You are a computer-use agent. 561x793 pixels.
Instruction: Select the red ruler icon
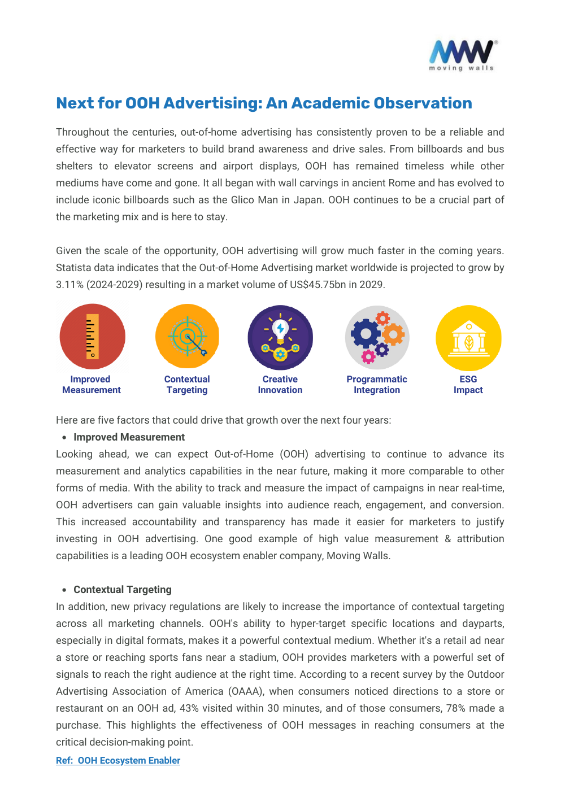(92, 337)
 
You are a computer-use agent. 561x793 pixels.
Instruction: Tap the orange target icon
(187, 337)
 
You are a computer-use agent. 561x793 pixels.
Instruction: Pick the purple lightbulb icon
(280, 337)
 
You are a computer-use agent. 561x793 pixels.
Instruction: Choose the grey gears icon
(377, 337)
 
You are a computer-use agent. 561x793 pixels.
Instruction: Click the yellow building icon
(468, 338)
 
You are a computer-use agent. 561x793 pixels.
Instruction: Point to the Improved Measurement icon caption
(91, 385)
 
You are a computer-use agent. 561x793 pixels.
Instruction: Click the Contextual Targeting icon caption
(187, 385)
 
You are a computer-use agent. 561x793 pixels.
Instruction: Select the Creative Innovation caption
(280, 385)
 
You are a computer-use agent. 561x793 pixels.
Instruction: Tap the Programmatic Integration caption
(377, 385)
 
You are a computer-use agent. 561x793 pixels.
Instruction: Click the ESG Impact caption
(468, 385)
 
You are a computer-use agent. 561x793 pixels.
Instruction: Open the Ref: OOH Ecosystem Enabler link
(118, 760)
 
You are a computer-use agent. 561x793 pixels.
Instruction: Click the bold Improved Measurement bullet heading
(129, 437)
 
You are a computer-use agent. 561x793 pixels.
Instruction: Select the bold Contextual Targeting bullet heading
(123, 590)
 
